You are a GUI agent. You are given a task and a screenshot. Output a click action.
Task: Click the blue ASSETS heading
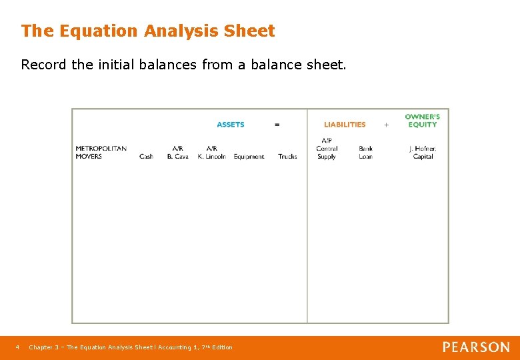(x=231, y=125)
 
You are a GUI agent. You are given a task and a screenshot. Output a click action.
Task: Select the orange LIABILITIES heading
(x=345, y=125)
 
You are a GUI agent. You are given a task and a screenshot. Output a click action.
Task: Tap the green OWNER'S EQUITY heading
(x=423, y=121)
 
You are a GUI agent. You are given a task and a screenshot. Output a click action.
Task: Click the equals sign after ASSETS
(x=277, y=125)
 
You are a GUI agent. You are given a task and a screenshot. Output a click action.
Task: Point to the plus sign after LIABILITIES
(x=386, y=125)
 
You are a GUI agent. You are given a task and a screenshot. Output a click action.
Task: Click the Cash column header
(x=146, y=157)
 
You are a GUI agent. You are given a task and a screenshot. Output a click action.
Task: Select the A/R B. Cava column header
(x=177, y=153)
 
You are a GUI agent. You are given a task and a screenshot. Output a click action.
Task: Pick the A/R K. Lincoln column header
(x=211, y=153)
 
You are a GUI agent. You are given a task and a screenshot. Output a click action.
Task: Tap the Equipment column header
(x=249, y=157)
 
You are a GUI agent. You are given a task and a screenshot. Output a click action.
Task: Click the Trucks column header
(x=287, y=157)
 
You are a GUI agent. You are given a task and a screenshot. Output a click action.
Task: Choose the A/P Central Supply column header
(x=327, y=149)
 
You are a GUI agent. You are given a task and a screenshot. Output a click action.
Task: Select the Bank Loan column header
(x=365, y=153)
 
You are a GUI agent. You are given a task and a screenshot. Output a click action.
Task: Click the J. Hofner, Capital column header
(x=423, y=153)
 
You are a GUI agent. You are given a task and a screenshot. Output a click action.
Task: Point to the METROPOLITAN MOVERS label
(x=101, y=153)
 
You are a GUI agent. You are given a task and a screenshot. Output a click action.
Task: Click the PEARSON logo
(x=476, y=347)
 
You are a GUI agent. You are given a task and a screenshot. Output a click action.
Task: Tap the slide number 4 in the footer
(x=18, y=347)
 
